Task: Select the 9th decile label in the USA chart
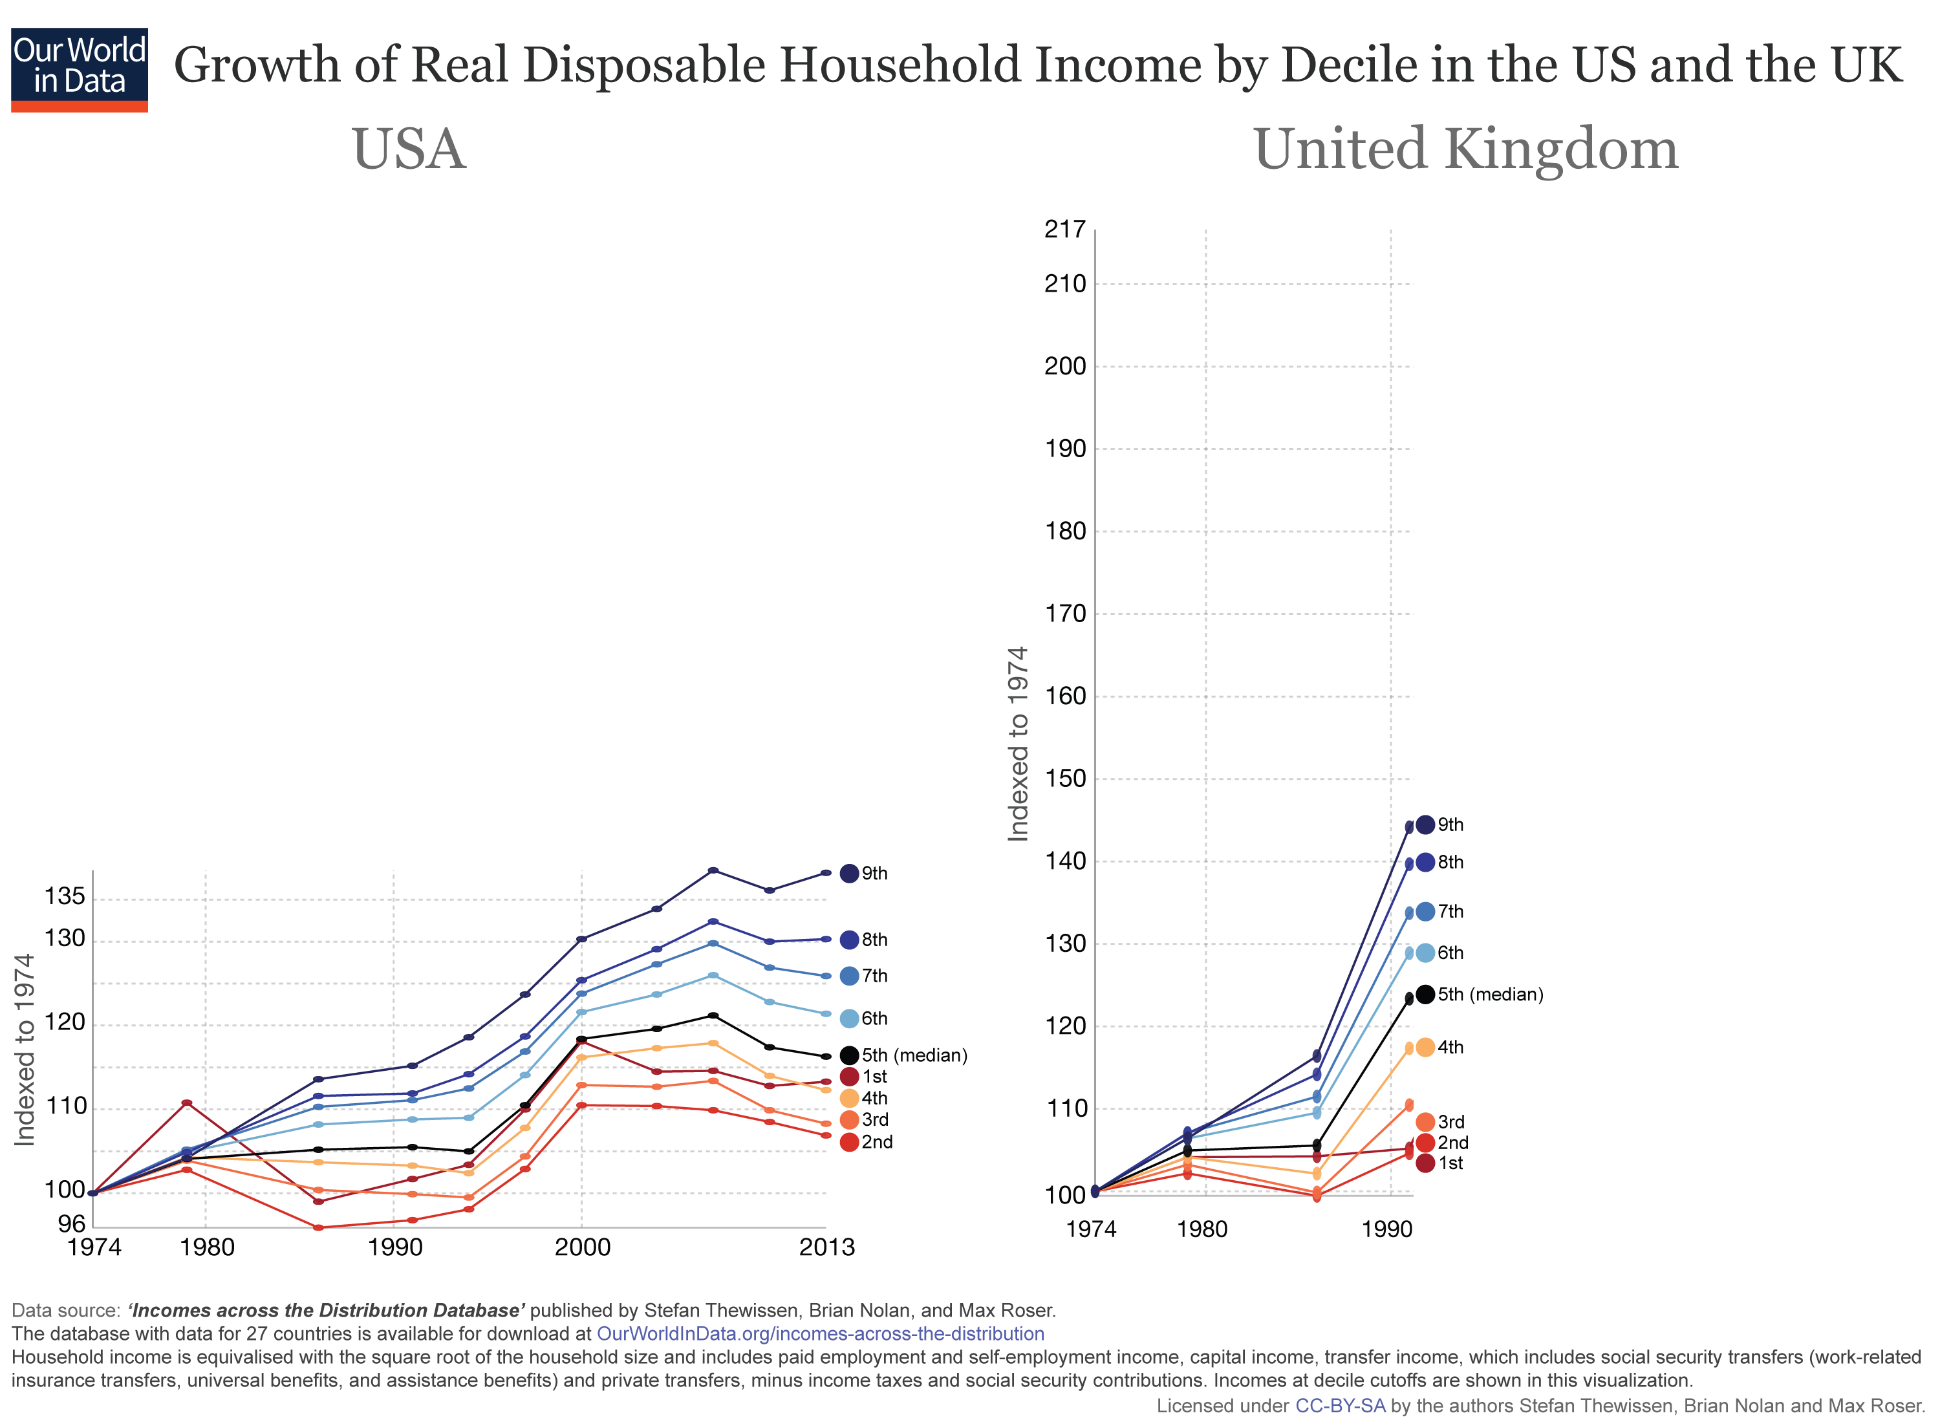coord(874,874)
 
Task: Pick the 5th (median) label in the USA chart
coord(913,1055)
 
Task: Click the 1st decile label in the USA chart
coord(874,1077)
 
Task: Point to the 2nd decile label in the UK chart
coord(1452,1143)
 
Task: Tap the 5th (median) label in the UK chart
coord(1489,995)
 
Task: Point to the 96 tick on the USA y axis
coord(71,1224)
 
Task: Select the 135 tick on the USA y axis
coord(65,897)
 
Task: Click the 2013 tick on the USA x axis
coord(826,1247)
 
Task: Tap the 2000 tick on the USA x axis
coord(582,1247)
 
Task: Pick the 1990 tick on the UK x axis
coord(1386,1229)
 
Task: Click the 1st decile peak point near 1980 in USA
coord(187,1103)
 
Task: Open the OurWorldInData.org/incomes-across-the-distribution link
coord(819,1334)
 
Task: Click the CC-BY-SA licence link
coord(1339,1406)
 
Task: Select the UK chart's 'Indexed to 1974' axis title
coord(1018,744)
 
